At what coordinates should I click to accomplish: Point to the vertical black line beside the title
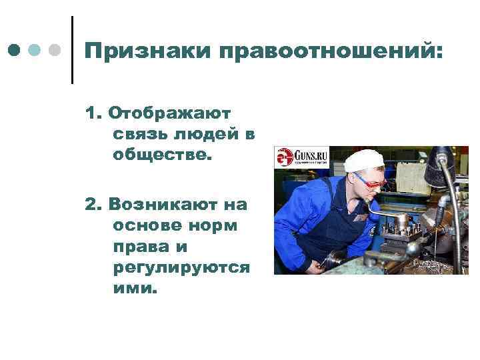(x=71, y=49)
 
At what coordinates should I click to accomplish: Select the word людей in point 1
(x=206, y=135)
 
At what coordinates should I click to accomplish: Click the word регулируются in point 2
(x=181, y=267)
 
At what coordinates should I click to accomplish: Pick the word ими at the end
(x=135, y=289)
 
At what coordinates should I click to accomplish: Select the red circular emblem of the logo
(x=285, y=157)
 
